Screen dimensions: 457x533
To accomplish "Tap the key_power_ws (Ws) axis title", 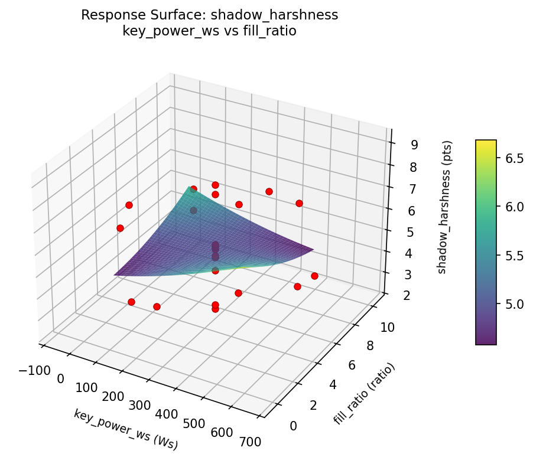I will (126, 429).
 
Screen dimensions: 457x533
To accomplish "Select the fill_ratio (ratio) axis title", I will (364, 394).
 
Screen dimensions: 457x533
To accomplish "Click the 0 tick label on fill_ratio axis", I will (293, 425).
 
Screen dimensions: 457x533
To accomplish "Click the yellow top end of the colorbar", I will (486, 143).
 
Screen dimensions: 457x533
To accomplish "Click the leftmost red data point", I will (120, 228).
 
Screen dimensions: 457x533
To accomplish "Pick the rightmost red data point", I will (314, 276).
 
